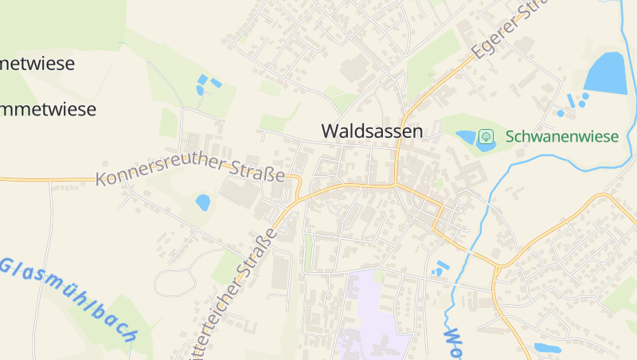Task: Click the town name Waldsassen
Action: [x=372, y=131]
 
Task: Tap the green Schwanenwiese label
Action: [x=561, y=137]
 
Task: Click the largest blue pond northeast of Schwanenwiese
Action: [x=606, y=73]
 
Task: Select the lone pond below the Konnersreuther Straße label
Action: [x=203, y=202]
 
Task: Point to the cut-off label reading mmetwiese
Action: [x=48, y=109]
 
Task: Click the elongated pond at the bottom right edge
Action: [x=547, y=348]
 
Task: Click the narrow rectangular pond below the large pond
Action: [x=569, y=100]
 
